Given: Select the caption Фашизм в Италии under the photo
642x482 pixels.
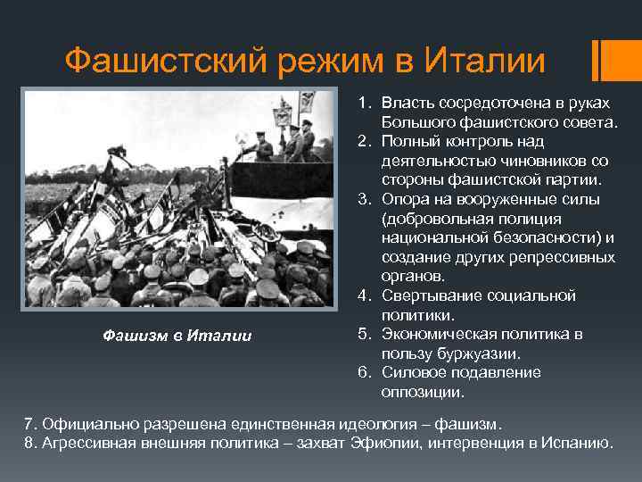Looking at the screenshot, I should pos(177,336).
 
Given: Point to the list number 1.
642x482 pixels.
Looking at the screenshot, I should pos(365,103).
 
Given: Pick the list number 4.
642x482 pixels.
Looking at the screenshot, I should pos(365,295).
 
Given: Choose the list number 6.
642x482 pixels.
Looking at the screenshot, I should pos(365,372).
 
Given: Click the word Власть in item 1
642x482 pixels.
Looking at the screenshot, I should pos(406,103).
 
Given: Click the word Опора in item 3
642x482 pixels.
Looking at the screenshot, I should pos(403,199).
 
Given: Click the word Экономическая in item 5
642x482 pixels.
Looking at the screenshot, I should pos(438,334).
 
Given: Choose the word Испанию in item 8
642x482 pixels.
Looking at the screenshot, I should pos(575,442).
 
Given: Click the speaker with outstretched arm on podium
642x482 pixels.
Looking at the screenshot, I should pos(259,145).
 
